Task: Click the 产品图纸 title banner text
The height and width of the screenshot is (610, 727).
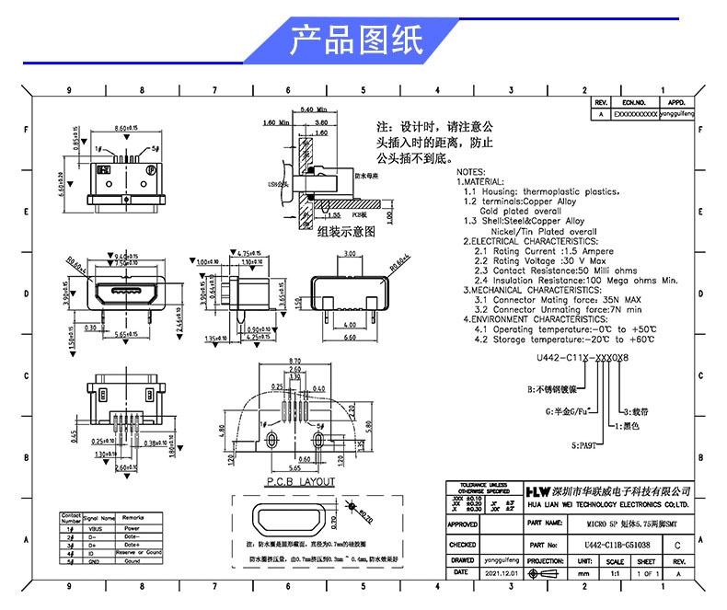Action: (x=356, y=41)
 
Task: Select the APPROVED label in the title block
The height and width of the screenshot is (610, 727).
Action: (x=462, y=524)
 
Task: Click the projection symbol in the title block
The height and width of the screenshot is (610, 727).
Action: (x=547, y=572)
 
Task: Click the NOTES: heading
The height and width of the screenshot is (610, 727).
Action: (x=470, y=172)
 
